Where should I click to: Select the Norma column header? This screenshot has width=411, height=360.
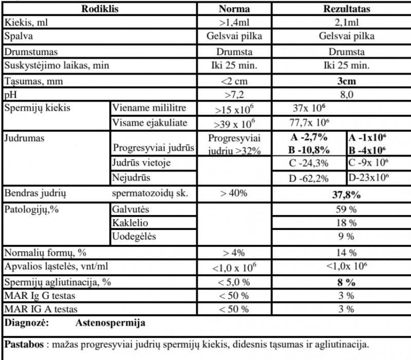[x=234, y=9]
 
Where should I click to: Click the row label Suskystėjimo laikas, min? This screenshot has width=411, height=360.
[x=57, y=66]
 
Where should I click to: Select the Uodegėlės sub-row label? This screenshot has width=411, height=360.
[x=134, y=237]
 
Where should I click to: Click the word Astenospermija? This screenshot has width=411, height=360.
[x=110, y=323]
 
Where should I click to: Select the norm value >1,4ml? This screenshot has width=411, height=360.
[x=234, y=22]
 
